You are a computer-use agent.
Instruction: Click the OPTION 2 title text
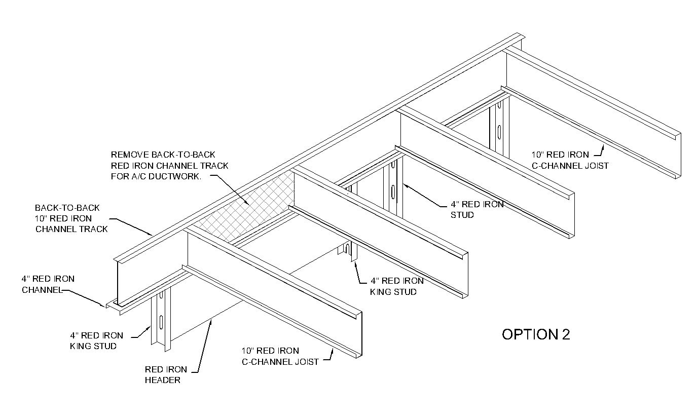(536, 334)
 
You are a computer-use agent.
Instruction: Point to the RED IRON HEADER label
(166, 374)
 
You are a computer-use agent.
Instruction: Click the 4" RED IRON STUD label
(477, 209)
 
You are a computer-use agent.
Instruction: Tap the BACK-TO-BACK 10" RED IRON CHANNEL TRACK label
(71, 218)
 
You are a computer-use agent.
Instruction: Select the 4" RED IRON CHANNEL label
(48, 284)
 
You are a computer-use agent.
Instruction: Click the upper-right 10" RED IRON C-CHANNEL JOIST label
(570, 160)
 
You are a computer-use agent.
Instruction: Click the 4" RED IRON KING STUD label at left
(96, 340)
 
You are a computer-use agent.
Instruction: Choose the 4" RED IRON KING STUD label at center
(397, 286)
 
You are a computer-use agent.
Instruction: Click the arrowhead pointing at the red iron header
(210, 321)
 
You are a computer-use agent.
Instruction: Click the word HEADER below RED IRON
(163, 380)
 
